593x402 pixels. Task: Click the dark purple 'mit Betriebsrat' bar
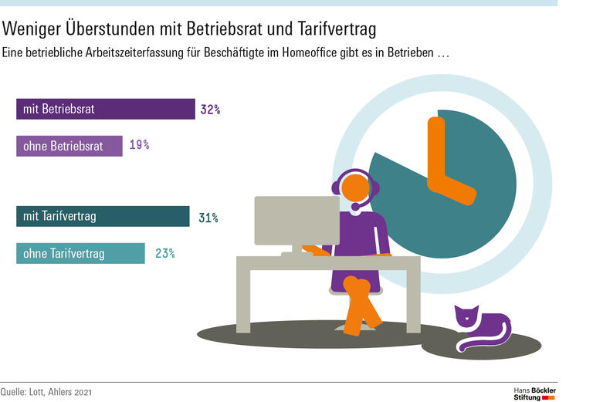coord(105,109)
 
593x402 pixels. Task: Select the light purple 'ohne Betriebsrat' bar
coord(69,146)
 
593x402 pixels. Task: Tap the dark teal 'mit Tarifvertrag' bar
coord(102,217)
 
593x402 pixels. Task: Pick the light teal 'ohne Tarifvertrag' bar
coord(80,253)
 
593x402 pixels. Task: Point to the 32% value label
coord(210,110)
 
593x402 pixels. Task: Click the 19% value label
coord(139,145)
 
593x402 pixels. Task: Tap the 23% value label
coord(164,253)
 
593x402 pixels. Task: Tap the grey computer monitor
coord(296,221)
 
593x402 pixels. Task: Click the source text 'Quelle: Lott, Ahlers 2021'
coord(46,393)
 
